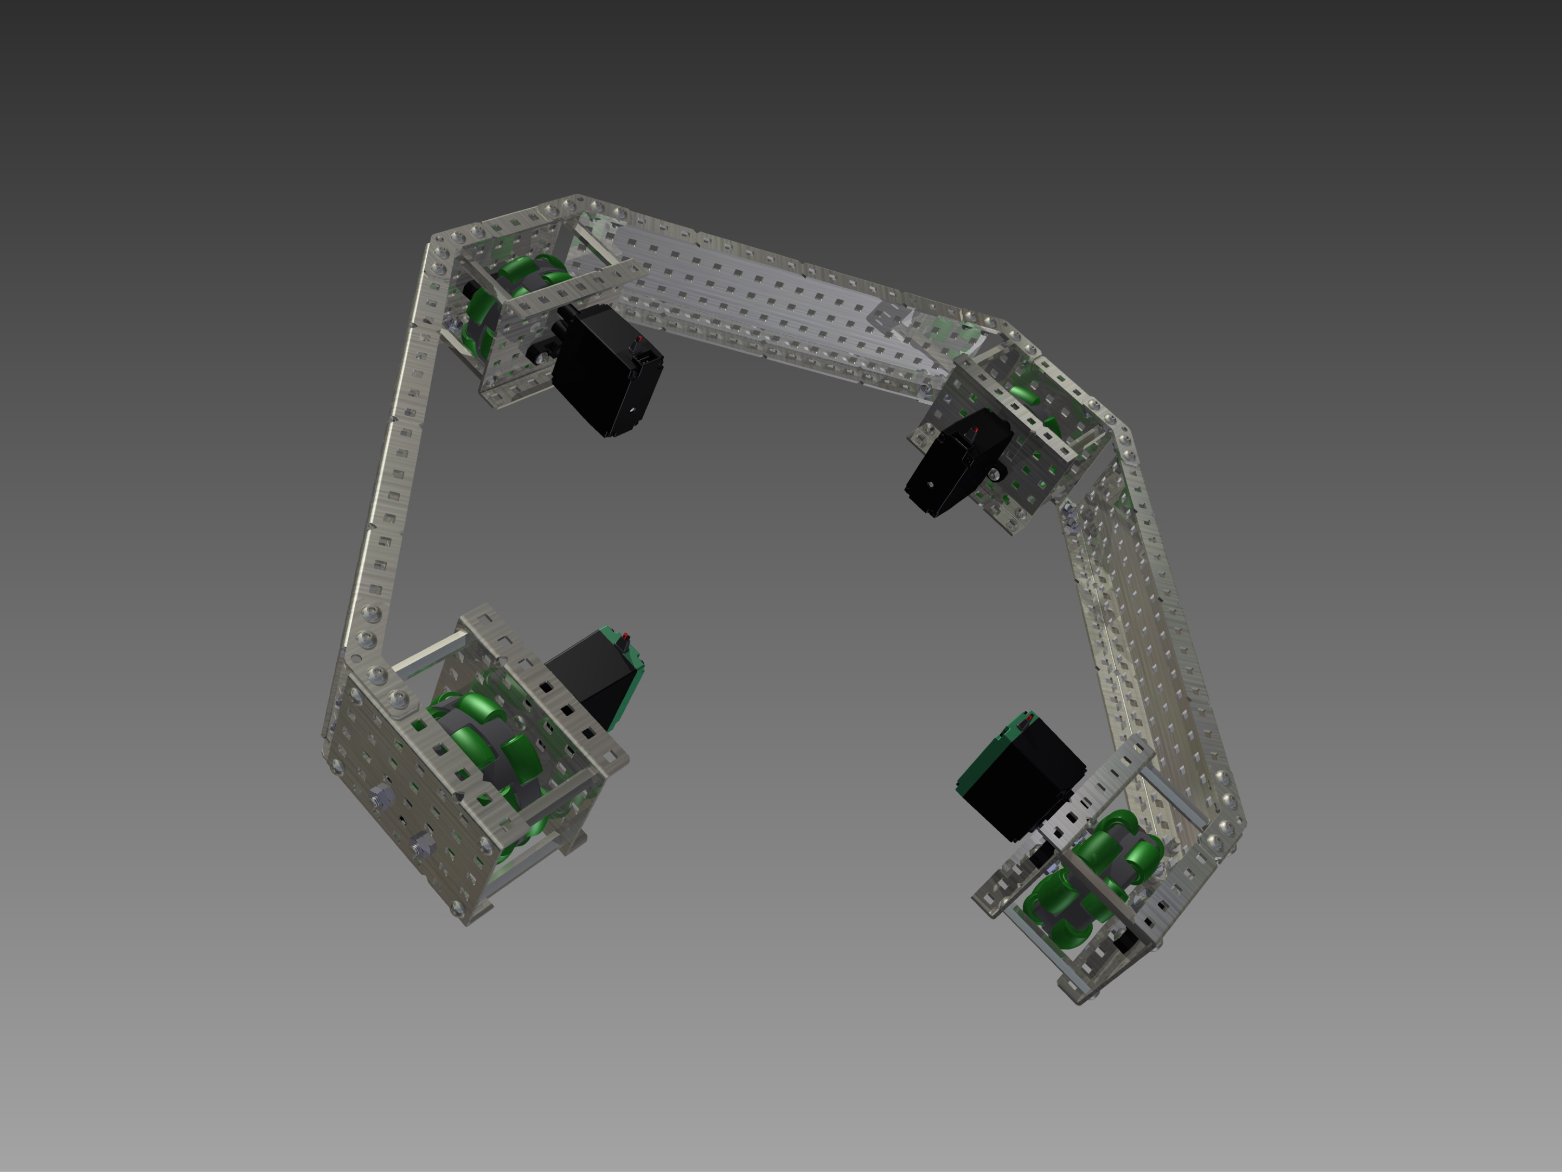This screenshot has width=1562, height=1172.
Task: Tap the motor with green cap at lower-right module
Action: [1020, 781]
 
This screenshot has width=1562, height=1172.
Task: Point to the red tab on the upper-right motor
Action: [975, 430]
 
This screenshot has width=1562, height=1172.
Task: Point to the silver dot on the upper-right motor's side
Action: [931, 485]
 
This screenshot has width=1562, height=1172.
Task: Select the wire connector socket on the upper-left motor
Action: [648, 360]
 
